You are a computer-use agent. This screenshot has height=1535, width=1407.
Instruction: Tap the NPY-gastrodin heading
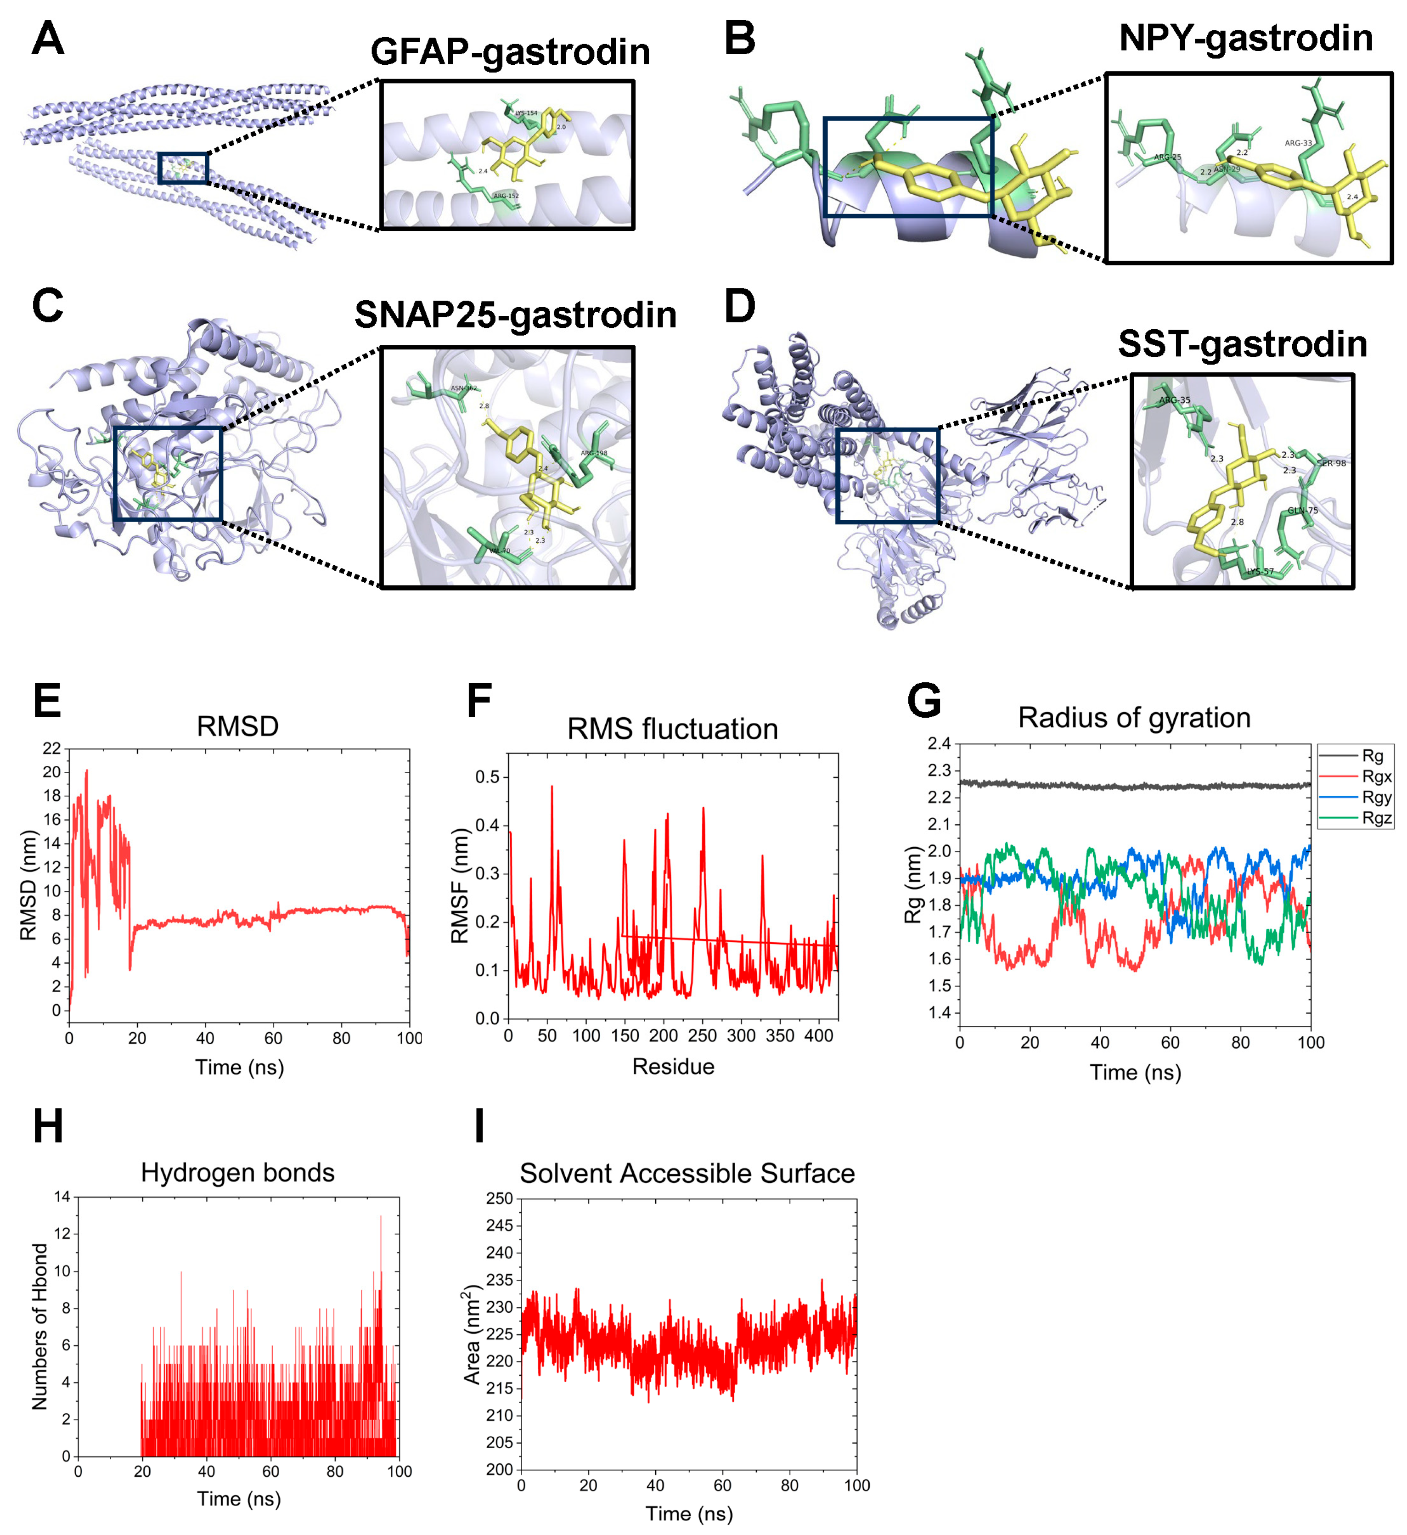pos(1246,38)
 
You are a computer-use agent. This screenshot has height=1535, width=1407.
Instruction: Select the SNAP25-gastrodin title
pos(515,315)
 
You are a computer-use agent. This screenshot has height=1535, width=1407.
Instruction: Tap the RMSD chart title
pos(237,726)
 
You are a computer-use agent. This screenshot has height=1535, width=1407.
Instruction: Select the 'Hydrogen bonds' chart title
pos(237,1173)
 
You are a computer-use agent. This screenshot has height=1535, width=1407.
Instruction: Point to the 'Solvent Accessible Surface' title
pos(687,1173)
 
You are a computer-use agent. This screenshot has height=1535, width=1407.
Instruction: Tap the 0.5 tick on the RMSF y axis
pos(487,777)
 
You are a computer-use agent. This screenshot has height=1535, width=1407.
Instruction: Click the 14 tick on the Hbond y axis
pos(62,1197)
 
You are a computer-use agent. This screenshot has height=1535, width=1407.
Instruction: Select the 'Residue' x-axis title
pos(673,1067)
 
